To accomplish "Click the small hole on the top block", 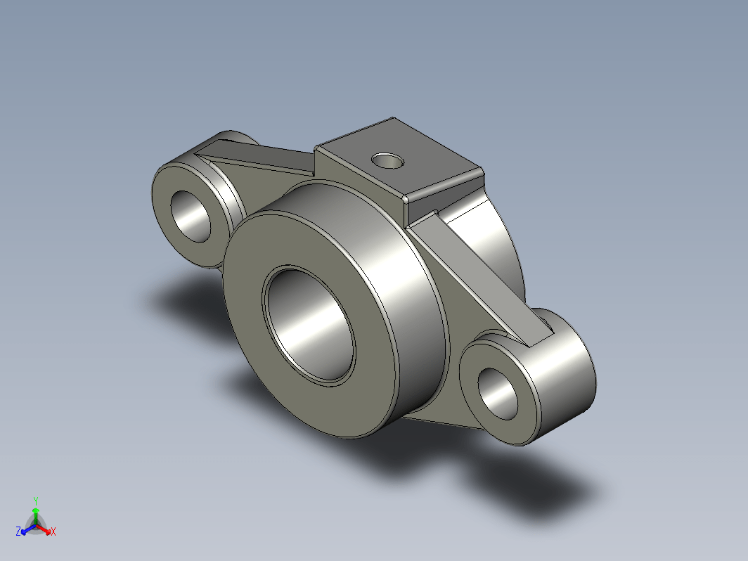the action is click(387, 161).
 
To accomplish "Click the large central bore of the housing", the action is click(309, 325).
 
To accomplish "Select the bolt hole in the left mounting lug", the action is click(191, 216).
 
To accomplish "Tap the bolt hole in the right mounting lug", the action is click(498, 394).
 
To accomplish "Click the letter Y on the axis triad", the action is click(36, 501).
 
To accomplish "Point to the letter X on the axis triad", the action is click(53, 531).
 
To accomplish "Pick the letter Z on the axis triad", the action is click(18, 531).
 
